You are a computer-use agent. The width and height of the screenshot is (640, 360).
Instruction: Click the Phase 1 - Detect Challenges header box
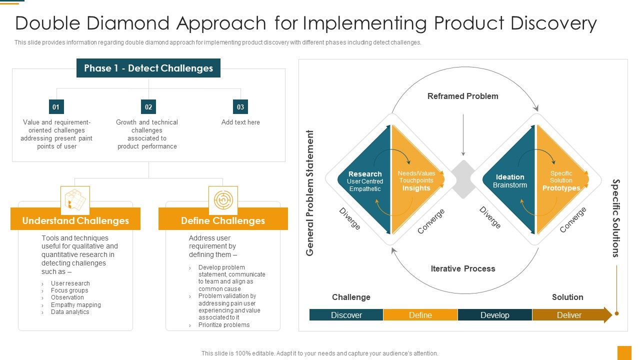tap(148, 68)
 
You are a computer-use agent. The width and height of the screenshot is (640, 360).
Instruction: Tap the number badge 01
tap(56, 106)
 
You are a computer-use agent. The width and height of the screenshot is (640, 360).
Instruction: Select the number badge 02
tap(148, 106)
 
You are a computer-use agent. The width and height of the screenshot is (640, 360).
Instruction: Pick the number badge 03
tap(240, 106)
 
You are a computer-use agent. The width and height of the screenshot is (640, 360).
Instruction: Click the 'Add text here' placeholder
tap(240, 122)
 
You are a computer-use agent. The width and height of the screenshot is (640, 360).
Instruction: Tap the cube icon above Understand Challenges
tap(75, 200)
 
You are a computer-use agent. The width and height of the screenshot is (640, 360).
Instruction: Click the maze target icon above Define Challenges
tap(222, 200)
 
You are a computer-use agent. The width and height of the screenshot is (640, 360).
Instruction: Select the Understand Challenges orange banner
tap(75, 220)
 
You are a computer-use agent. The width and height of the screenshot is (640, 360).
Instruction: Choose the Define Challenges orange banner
tap(223, 220)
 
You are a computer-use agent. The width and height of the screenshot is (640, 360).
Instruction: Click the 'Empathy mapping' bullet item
tap(75, 304)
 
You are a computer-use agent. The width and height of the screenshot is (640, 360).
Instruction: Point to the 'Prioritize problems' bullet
tap(223, 324)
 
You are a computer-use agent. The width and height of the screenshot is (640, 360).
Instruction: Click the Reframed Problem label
tap(462, 96)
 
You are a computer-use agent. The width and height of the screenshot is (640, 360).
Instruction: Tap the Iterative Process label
tap(462, 268)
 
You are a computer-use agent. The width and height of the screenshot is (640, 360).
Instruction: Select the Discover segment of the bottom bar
tap(346, 315)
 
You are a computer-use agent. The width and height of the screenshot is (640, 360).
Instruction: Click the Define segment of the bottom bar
tap(420, 315)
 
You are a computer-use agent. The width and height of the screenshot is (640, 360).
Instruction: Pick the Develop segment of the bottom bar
tap(494, 315)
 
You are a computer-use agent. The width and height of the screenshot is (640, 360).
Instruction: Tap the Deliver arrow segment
tap(570, 315)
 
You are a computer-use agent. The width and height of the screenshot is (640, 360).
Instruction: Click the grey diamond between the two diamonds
tap(463, 179)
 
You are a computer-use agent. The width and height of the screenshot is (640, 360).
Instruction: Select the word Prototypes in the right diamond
tap(561, 188)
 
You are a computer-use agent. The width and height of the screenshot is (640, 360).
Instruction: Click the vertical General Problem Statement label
tap(310, 193)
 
